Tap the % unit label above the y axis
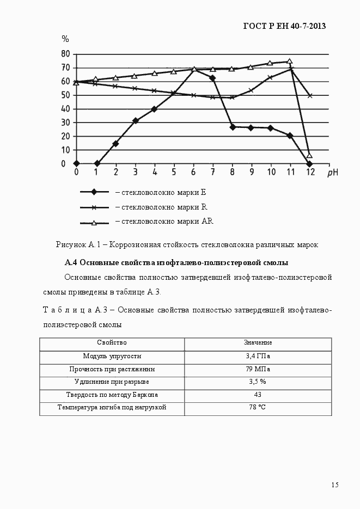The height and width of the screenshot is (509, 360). [65, 39]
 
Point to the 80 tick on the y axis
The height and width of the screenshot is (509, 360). [65, 54]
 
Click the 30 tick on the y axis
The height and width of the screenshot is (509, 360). [65, 122]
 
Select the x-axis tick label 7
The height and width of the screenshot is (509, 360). [212, 172]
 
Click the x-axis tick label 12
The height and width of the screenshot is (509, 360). [309, 172]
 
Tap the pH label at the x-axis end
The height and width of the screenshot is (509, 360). [333, 173]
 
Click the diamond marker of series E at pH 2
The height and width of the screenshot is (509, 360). [115, 144]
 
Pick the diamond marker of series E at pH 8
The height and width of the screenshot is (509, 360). [233, 127]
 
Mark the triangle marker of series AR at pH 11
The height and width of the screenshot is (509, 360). [289, 62]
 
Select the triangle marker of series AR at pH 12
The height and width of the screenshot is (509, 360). [309, 156]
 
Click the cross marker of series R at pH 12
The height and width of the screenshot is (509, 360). [310, 95]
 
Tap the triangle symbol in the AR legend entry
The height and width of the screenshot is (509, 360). [94, 222]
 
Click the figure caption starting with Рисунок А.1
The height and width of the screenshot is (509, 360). [186, 244]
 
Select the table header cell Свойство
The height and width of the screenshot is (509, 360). [112, 343]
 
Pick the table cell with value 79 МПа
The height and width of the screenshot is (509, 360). [258, 369]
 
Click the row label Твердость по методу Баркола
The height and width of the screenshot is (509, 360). [112, 395]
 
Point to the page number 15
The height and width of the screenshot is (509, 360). [334, 485]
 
